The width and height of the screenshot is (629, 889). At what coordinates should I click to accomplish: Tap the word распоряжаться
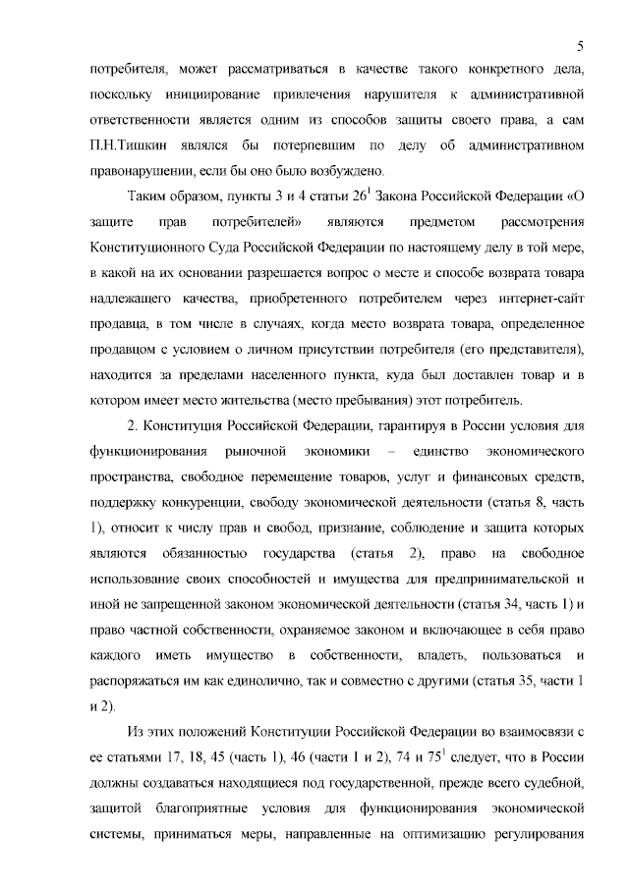(137, 680)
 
